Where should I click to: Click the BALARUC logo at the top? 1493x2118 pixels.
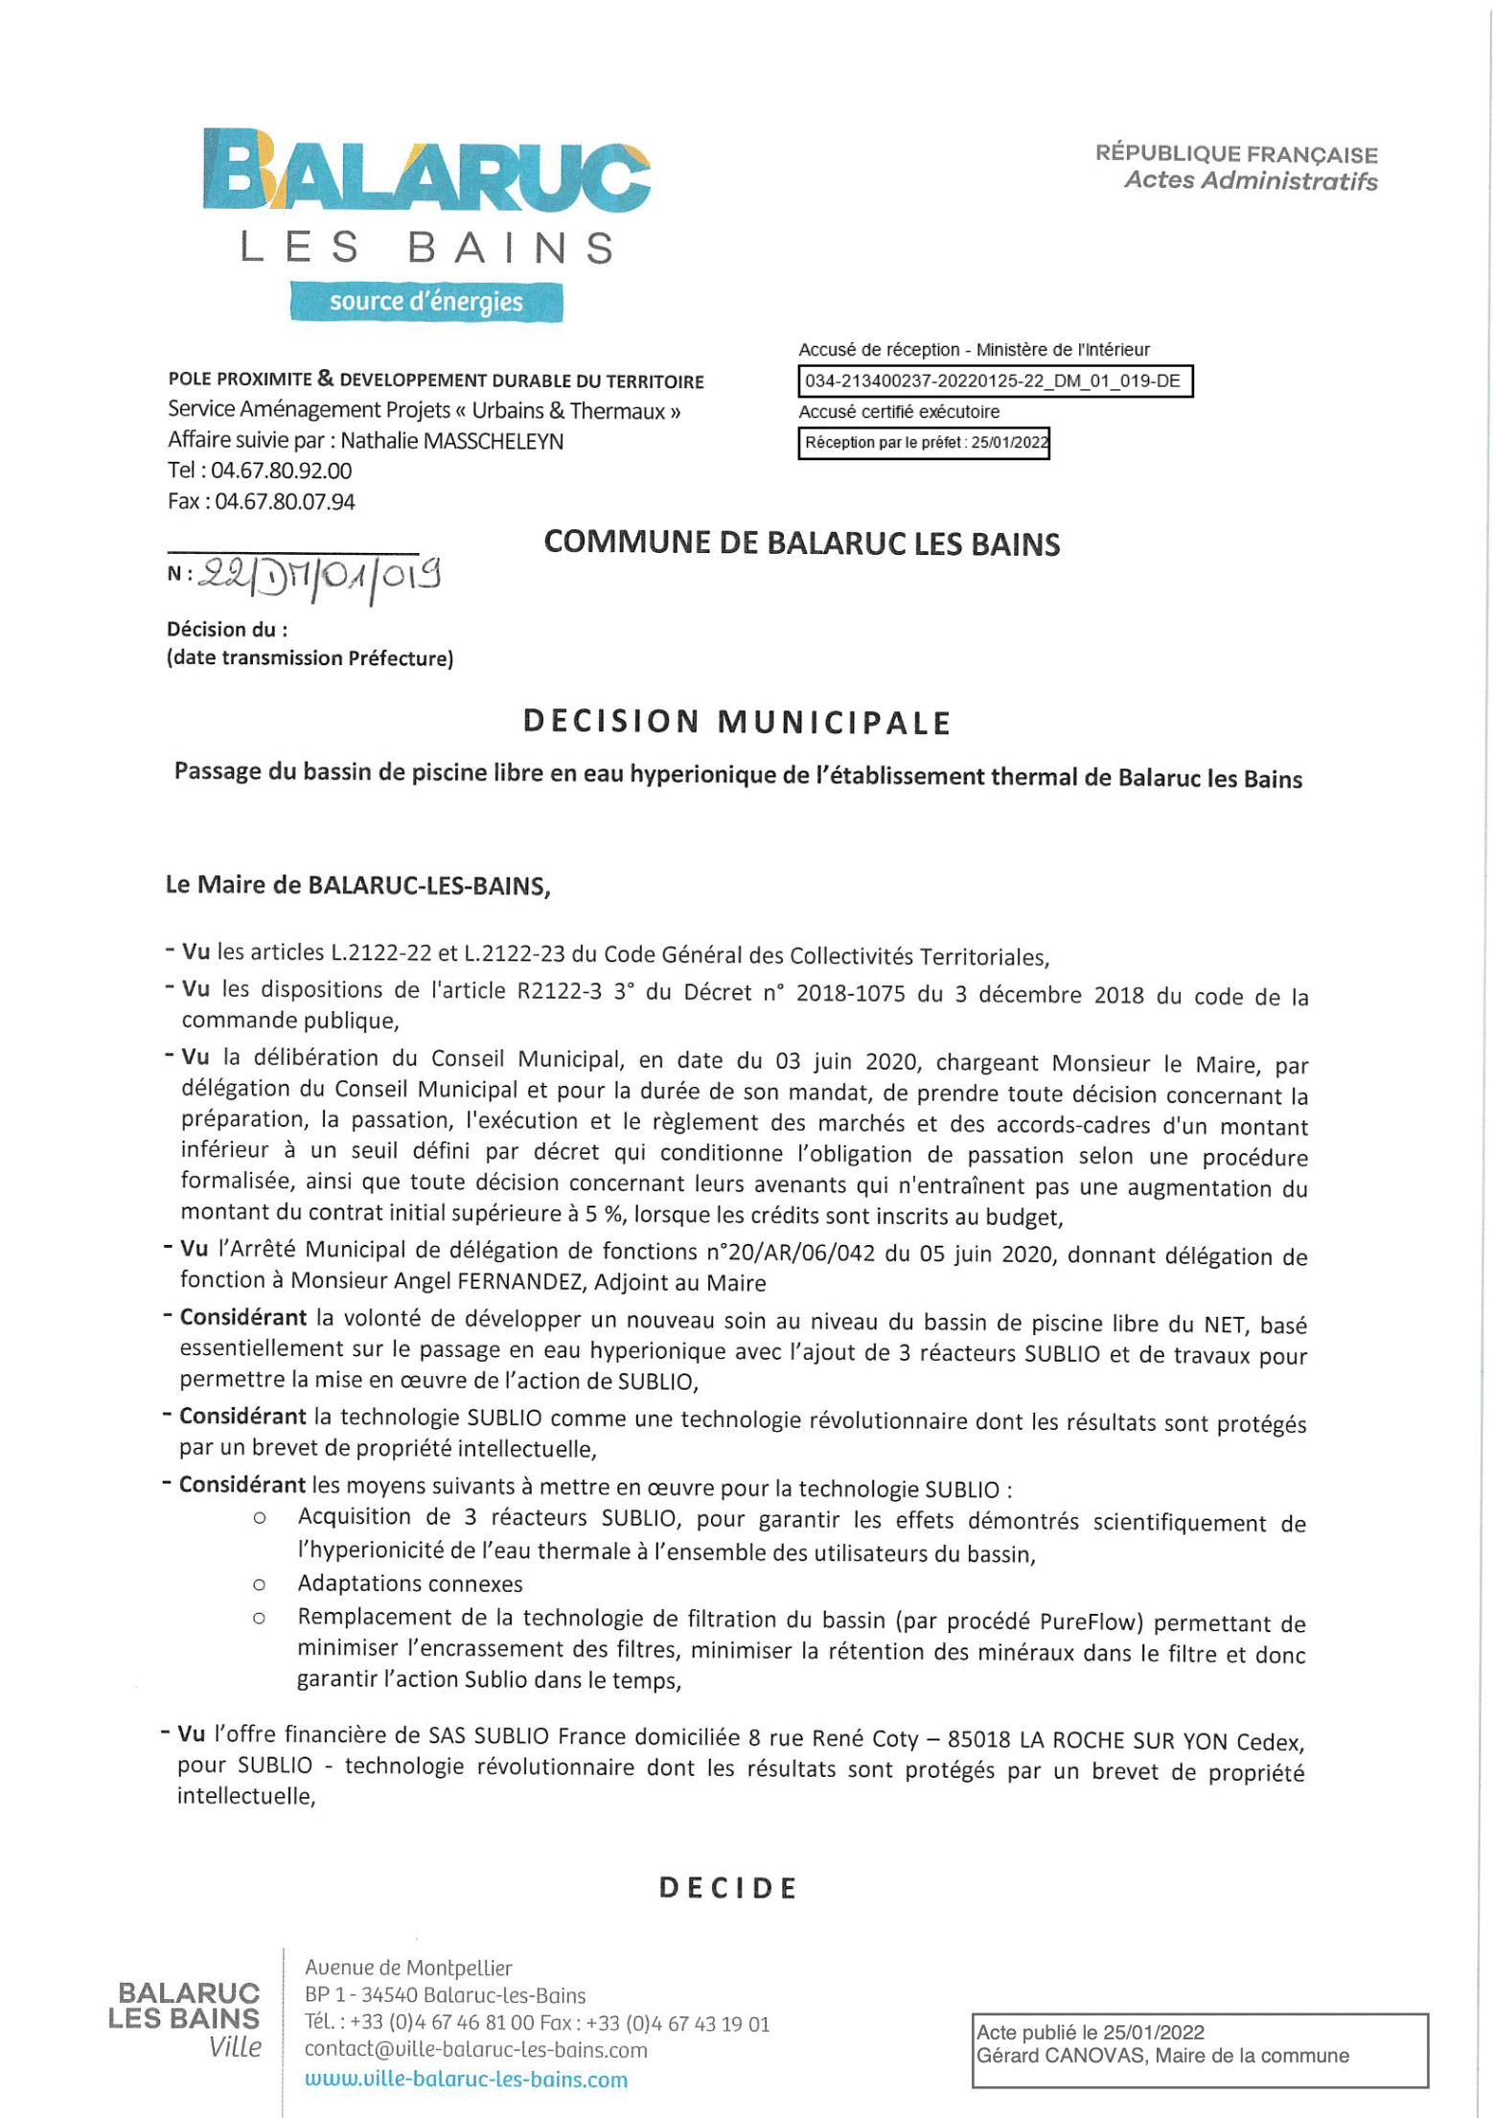pyautogui.click(x=426, y=171)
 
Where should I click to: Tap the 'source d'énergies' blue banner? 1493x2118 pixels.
pyautogui.click(x=426, y=302)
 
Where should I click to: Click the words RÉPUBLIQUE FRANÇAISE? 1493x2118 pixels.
pyautogui.click(x=1236, y=153)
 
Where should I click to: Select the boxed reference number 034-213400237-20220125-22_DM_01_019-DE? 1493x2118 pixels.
pyautogui.click(x=994, y=381)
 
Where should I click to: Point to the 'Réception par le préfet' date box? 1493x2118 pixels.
pyautogui.click(x=924, y=443)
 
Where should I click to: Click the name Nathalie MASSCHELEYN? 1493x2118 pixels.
pyautogui.click(x=451, y=441)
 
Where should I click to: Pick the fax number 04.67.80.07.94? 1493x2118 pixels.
pyautogui.click(x=285, y=501)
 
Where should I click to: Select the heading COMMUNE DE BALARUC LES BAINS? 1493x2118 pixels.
pyautogui.click(x=801, y=543)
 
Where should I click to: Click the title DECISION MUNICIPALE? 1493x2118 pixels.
pyautogui.click(x=736, y=722)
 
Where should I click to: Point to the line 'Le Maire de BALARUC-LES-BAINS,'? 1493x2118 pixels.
pyautogui.click(x=357, y=885)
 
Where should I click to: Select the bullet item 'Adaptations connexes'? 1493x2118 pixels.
pyautogui.click(x=410, y=1583)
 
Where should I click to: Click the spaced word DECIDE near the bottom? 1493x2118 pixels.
pyautogui.click(x=728, y=1888)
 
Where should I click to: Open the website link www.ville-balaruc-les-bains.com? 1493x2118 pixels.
pyautogui.click(x=466, y=2079)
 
